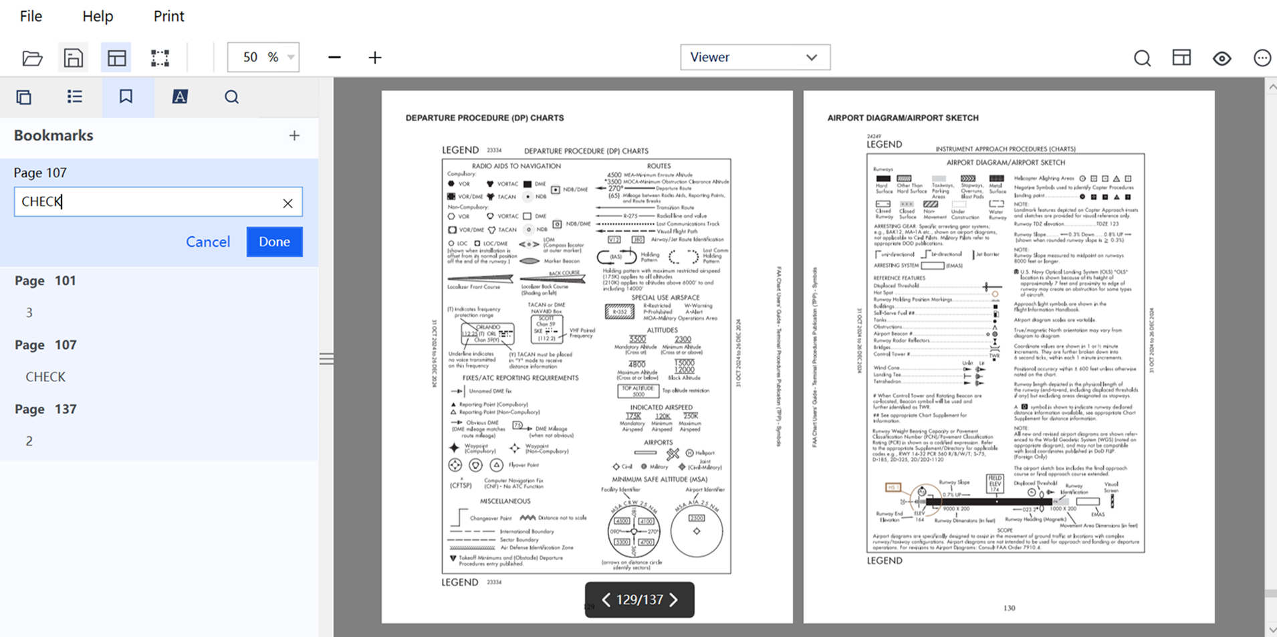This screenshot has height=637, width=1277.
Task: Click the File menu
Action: pyautogui.click(x=31, y=16)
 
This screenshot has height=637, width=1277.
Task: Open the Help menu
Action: pyautogui.click(x=98, y=16)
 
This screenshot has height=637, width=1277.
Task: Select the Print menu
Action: pyautogui.click(x=168, y=16)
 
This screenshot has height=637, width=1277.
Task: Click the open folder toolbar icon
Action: pyautogui.click(x=32, y=58)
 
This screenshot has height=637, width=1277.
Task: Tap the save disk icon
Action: pyautogui.click(x=74, y=58)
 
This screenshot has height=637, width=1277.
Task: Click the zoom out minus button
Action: pyautogui.click(x=334, y=58)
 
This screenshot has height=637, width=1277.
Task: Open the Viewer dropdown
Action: pyautogui.click(x=755, y=58)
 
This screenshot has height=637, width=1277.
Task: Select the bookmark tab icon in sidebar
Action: pyautogui.click(x=126, y=97)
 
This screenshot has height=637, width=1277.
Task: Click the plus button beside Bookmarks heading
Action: pyautogui.click(x=294, y=136)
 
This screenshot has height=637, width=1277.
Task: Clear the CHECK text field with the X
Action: pyautogui.click(x=287, y=203)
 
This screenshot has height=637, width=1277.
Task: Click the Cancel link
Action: pyautogui.click(x=208, y=242)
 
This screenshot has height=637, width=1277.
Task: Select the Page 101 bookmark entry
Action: pyautogui.click(x=45, y=281)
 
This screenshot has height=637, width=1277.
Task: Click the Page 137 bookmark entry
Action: pyautogui.click(x=45, y=409)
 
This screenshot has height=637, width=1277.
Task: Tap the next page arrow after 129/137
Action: pyautogui.click(x=674, y=600)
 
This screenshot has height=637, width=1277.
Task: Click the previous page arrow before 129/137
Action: pyautogui.click(x=606, y=600)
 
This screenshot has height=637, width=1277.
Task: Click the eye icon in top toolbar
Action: pyautogui.click(x=1222, y=58)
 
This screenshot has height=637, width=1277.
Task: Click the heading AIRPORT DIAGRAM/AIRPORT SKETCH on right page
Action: pyautogui.click(x=903, y=118)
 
